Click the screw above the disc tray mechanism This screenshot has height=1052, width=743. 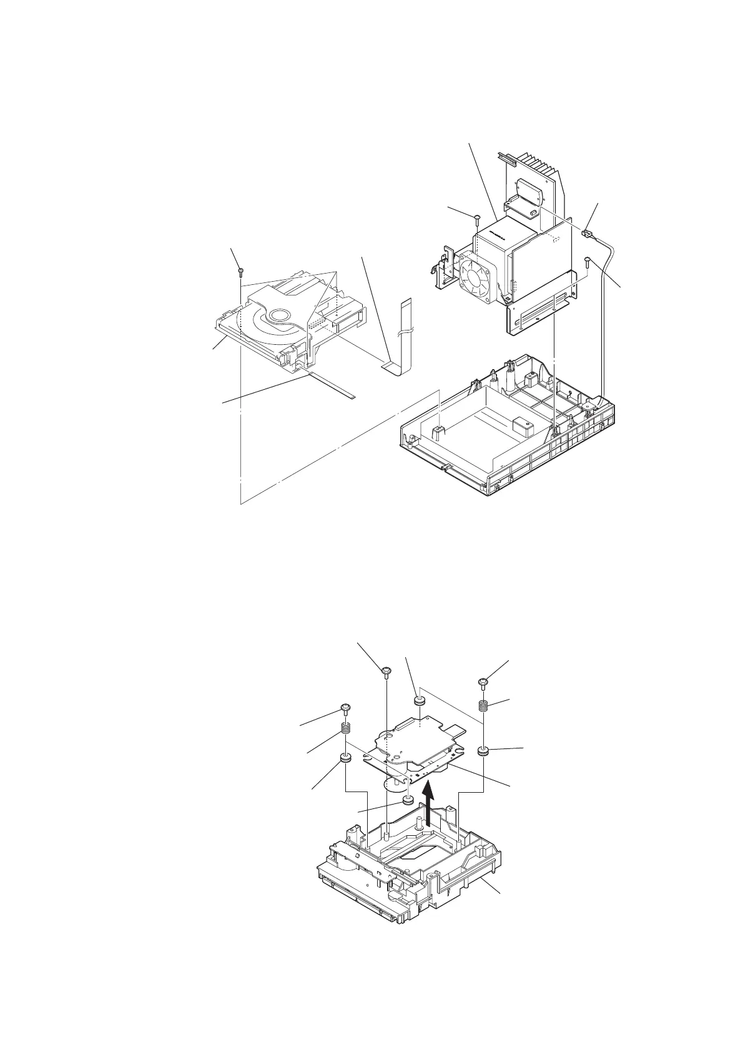click(240, 271)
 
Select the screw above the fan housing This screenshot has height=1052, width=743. click(476, 219)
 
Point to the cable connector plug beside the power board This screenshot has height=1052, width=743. click(586, 234)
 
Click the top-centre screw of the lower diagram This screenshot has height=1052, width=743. click(386, 672)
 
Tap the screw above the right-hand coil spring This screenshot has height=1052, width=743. click(483, 682)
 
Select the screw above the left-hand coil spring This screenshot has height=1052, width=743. click(345, 708)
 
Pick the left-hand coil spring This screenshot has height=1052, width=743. click(345, 729)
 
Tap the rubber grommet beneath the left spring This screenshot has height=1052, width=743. click(345, 759)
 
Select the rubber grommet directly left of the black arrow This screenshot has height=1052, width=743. click(408, 800)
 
